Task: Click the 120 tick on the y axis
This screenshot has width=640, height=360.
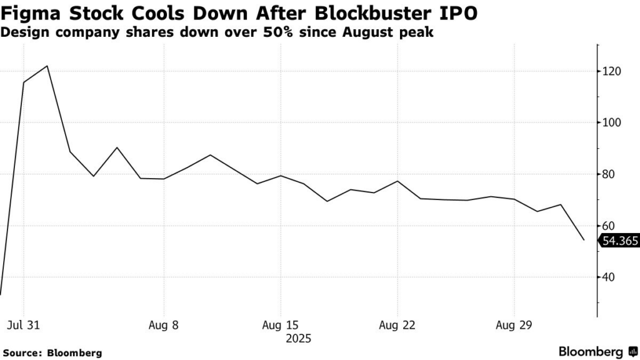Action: (612, 71)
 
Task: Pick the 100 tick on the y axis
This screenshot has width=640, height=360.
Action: (612, 122)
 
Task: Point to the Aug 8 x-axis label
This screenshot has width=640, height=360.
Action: (164, 326)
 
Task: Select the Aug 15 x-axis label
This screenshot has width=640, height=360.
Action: (281, 326)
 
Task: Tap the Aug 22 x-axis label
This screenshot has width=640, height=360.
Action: (397, 326)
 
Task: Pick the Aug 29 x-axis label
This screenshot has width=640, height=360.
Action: (514, 326)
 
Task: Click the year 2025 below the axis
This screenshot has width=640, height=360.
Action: (297, 339)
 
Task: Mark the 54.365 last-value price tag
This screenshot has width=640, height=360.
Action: (619, 241)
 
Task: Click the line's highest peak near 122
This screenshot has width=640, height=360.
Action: (47, 66)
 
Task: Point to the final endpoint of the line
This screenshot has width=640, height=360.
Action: (584, 240)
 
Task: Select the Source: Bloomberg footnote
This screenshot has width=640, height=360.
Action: (52, 353)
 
